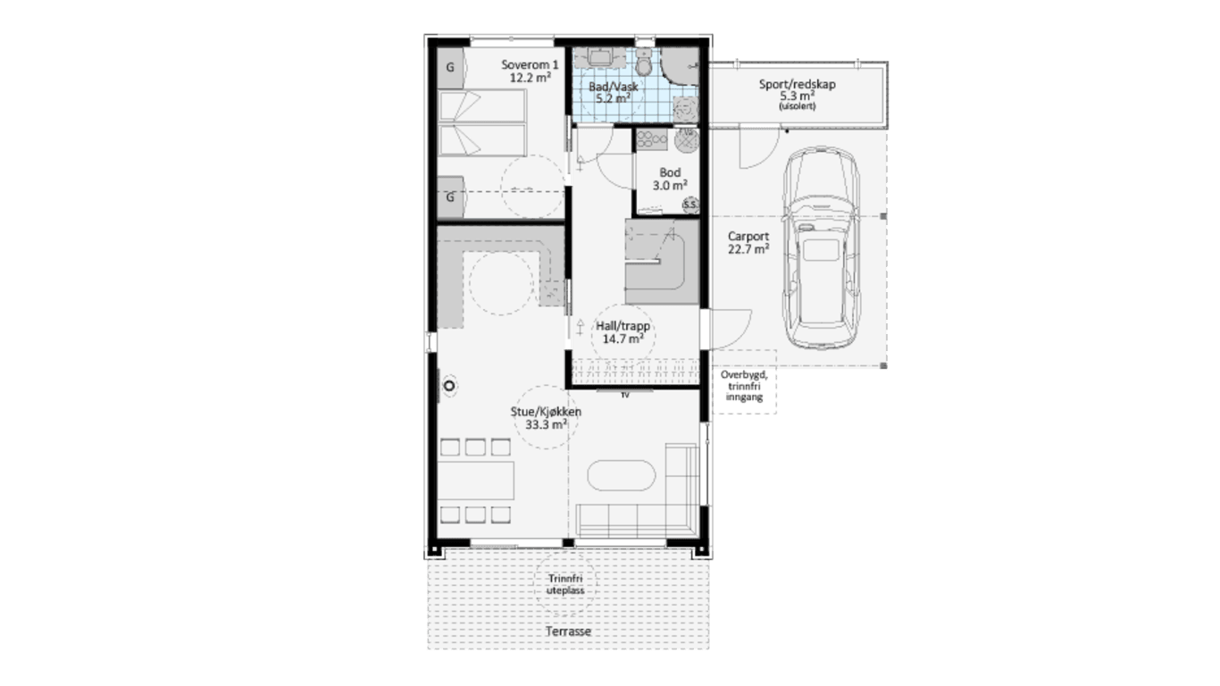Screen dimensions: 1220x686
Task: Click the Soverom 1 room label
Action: click(530, 65)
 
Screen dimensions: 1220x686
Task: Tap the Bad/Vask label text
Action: click(614, 87)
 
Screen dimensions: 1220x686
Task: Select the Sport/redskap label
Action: click(798, 85)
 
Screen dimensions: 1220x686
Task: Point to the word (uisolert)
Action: click(798, 106)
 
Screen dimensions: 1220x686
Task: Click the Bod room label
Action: click(670, 172)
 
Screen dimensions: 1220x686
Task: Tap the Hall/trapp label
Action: click(623, 326)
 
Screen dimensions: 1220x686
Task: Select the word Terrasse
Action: click(569, 631)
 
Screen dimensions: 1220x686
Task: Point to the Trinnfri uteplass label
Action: click(565, 584)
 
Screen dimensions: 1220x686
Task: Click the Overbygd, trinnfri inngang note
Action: click(745, 386)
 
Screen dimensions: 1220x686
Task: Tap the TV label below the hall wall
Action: click(624, 395)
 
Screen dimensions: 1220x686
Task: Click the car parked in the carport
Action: click(822, 248)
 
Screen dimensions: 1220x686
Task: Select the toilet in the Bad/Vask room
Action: click(644, 62)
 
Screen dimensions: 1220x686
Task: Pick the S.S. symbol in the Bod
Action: click(690, 205)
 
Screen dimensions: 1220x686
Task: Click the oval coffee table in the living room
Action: click(621, 476)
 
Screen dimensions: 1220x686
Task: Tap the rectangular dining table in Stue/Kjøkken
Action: click(475, 480)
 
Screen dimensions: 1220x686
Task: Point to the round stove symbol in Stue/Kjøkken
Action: click(449, 386)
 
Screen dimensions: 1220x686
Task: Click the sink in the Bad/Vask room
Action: click(601, 56)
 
